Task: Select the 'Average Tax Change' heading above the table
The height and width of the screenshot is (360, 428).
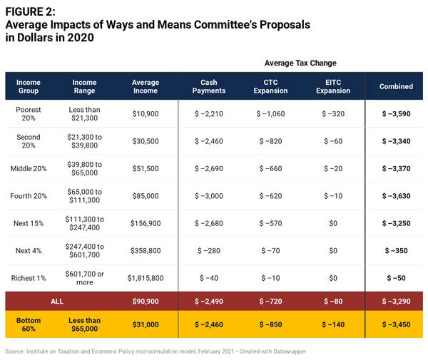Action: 300,63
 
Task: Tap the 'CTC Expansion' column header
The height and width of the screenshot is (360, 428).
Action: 270,86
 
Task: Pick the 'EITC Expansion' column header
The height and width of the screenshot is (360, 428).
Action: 332,86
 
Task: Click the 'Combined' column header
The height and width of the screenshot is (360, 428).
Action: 396,86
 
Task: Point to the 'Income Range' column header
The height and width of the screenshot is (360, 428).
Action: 84,86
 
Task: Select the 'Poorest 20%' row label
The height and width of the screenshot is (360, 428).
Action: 29,113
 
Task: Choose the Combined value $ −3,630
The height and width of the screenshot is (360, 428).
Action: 396,195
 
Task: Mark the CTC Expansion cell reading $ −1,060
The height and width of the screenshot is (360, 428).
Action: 270,113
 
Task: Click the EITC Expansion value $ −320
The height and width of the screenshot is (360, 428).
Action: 332,113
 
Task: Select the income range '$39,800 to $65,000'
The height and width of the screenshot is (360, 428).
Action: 84,168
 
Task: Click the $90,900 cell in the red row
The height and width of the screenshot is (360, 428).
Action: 146,302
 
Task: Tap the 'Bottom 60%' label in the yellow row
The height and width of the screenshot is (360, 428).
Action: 29,325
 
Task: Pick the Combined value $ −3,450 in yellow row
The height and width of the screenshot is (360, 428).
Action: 396,325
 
